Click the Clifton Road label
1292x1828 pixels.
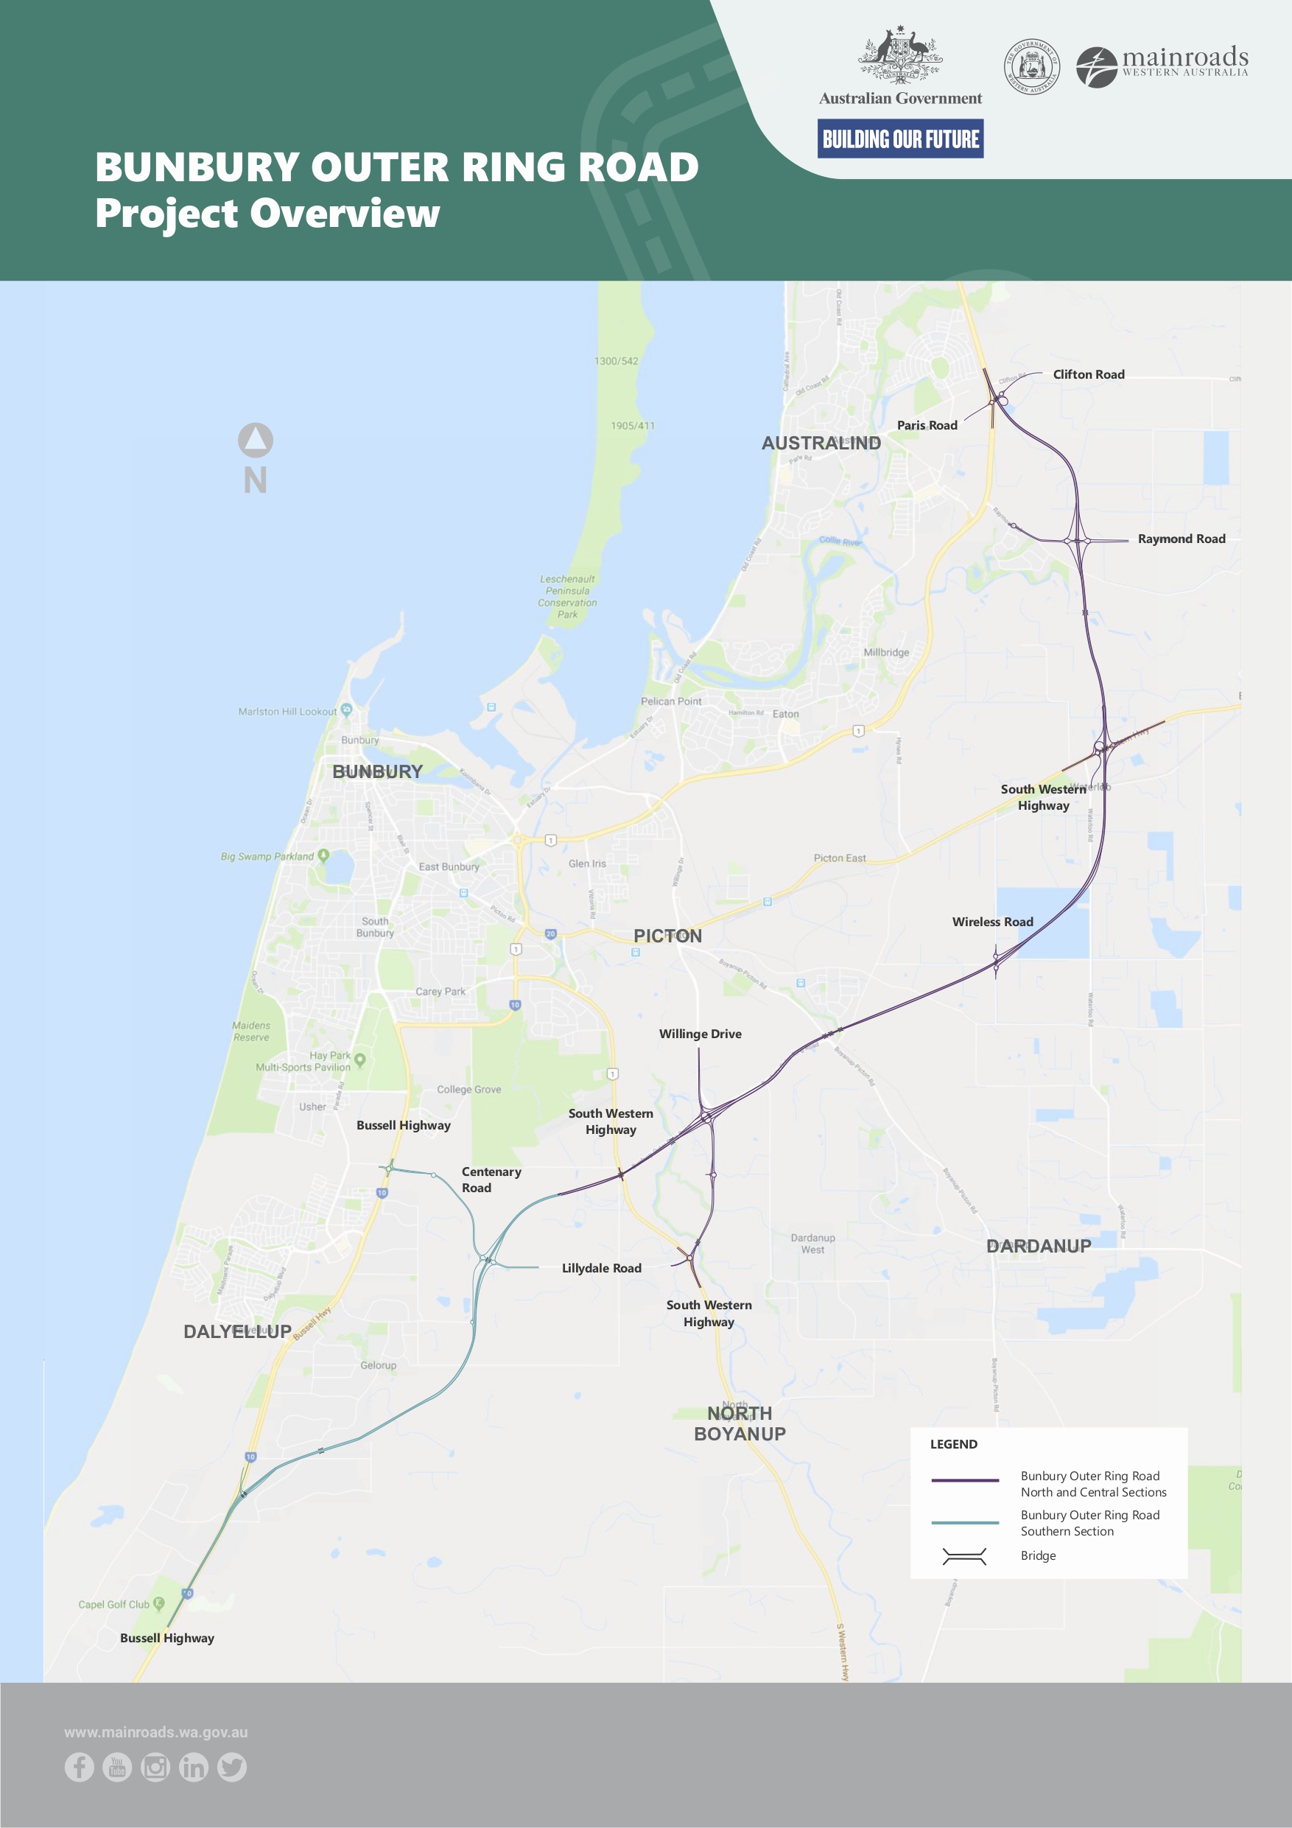click(x=1088, y=374)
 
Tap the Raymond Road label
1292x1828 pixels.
click(x=1181, y=539)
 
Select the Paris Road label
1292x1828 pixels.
click(x=927, y=425)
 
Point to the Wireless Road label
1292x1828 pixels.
click(x=992, y=922)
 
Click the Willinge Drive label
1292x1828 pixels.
click(x=700, y=1034)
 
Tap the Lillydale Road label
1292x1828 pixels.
click(x=601, y=1268)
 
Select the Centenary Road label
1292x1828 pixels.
click(x=491, y=1179)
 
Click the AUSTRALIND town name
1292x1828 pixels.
click(x=821, y=444)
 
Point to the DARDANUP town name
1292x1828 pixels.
click(x=1038, y=1246)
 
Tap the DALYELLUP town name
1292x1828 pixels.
click(x=237, y=1331)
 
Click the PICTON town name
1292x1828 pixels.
click(x=667, y=936)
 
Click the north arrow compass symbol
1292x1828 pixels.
click(x=256, y=441)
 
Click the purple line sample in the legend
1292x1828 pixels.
click(x=965, y=1481)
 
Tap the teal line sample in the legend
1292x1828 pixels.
click(x=965, y=1522)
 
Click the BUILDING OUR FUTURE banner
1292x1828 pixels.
click(x=899, y=139)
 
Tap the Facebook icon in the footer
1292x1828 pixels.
click(x=80, y=1768)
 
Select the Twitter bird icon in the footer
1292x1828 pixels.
click(x=231, y=1768)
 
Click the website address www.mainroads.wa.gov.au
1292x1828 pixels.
click(x=156, y=1732)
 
